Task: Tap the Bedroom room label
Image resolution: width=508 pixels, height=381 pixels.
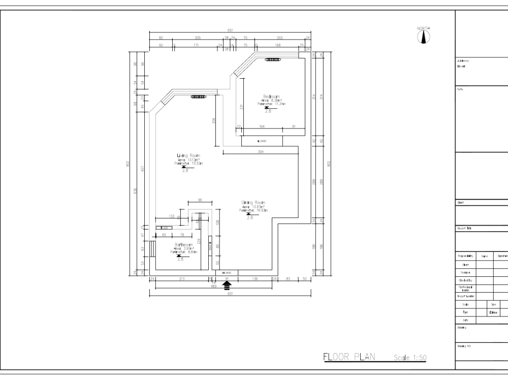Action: [x=271, y=97]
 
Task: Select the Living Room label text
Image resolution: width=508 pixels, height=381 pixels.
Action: [x=188, y=155]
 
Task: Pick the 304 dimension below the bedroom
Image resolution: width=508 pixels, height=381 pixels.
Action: [x=261, y=152]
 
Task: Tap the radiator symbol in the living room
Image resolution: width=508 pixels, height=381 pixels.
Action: [x=198, y=97]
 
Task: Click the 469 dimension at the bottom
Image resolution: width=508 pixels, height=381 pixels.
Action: [x=214, y=286]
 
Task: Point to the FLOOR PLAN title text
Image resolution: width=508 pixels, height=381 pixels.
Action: [x=348, y=357]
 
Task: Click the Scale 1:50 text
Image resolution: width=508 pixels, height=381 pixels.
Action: [x=410, y=358]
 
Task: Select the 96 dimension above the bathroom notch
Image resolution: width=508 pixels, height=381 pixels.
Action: [x=200, y=200]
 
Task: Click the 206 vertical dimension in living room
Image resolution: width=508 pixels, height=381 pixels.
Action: [x=214, y=120]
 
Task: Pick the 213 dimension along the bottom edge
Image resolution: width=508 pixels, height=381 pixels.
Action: [x=181, y=279]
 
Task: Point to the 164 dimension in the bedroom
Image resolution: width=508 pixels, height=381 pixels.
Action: [x=262, y=126]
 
